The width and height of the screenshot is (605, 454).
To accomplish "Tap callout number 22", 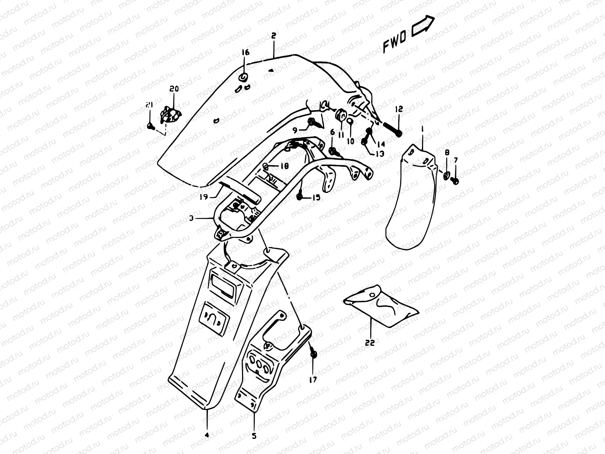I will coord(370,343).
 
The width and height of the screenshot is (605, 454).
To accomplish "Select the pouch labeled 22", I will coord(380,305).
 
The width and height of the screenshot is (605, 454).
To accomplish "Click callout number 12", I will coord(399,109).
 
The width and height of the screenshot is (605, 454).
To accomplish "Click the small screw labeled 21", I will coord(150,126).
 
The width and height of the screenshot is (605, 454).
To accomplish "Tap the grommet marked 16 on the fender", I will coord(244,78).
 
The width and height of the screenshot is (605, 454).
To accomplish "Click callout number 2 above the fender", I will coord(273,36).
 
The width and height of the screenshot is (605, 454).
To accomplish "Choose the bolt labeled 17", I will coord(313,354).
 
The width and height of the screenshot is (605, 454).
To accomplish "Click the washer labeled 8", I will coord(447,174).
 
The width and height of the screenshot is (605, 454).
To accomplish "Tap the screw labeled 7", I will coord(456,181).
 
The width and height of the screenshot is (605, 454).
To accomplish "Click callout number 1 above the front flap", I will coord(422,130).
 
